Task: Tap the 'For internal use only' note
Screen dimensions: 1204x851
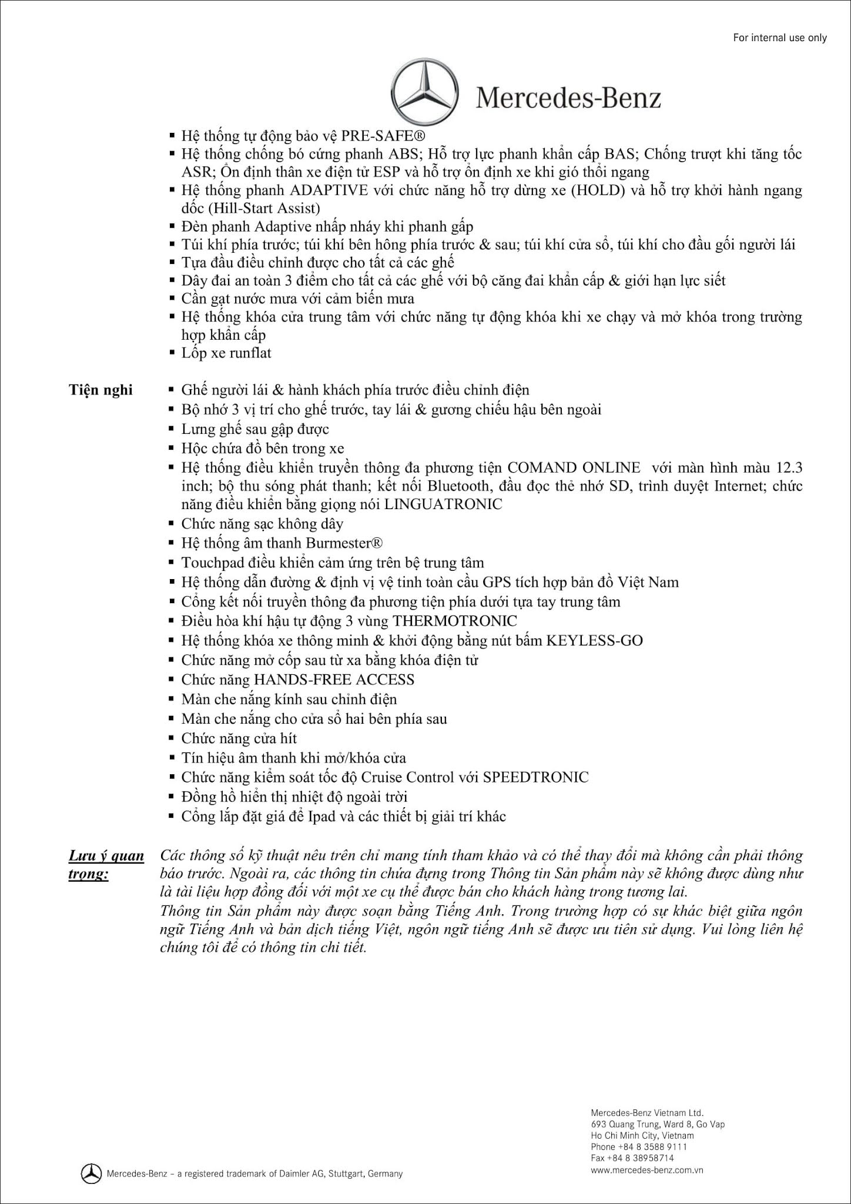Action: coord(780,38)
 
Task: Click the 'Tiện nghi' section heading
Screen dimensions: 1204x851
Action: coord(101,390)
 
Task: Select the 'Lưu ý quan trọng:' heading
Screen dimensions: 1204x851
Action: coord(106,864)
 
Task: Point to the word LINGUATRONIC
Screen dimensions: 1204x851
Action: coord(443,504)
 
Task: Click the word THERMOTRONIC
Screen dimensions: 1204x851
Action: coord(455,621)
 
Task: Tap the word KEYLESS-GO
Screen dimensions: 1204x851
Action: coord(594,640)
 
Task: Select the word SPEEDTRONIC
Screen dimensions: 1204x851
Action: coord(535,777)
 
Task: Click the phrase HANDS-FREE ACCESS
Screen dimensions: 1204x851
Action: coord(334,680)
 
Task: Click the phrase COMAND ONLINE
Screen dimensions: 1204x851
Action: coord(574,468)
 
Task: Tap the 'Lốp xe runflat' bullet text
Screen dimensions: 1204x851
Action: coord(226,353)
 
